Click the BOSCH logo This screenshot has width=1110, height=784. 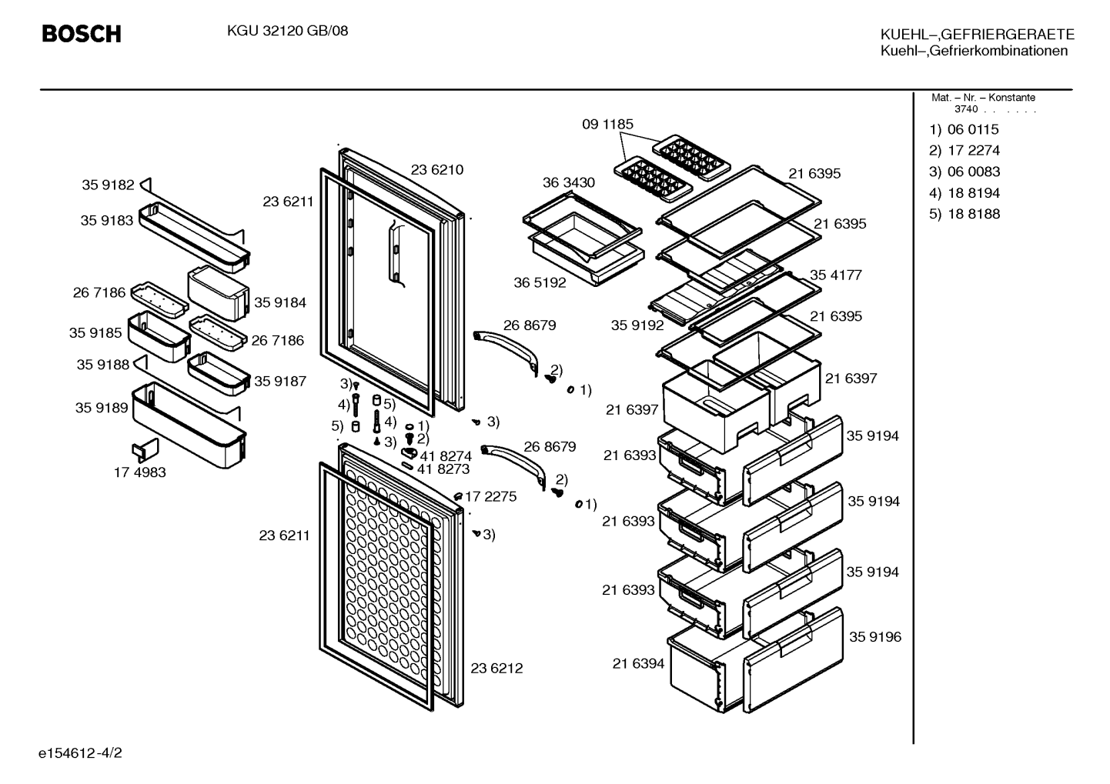[82, 34]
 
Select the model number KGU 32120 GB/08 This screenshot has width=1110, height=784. [287, 31]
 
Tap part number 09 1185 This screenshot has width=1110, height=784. [607, 124]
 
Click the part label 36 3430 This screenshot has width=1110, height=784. [568, 182]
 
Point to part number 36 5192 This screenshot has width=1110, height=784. [540, 282]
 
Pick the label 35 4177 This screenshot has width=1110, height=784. [836, 275]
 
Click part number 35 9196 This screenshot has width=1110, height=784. [875, 636]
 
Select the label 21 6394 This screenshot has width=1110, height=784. [638, 663]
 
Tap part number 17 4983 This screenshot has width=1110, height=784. [140, 472]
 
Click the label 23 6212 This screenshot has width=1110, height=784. [496, 668]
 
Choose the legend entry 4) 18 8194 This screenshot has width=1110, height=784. [965, 192]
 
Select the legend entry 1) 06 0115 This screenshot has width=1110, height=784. [964, 129]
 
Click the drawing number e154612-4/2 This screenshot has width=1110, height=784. [80, 752]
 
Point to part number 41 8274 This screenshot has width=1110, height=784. [446, 455]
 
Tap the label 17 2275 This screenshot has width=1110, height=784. [490, 496]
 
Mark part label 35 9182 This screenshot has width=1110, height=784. [108, 185]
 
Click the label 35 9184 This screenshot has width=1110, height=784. [280, 302]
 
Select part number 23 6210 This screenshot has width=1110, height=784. [437, 169]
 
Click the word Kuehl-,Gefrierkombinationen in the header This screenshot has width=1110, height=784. [974, 51]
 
